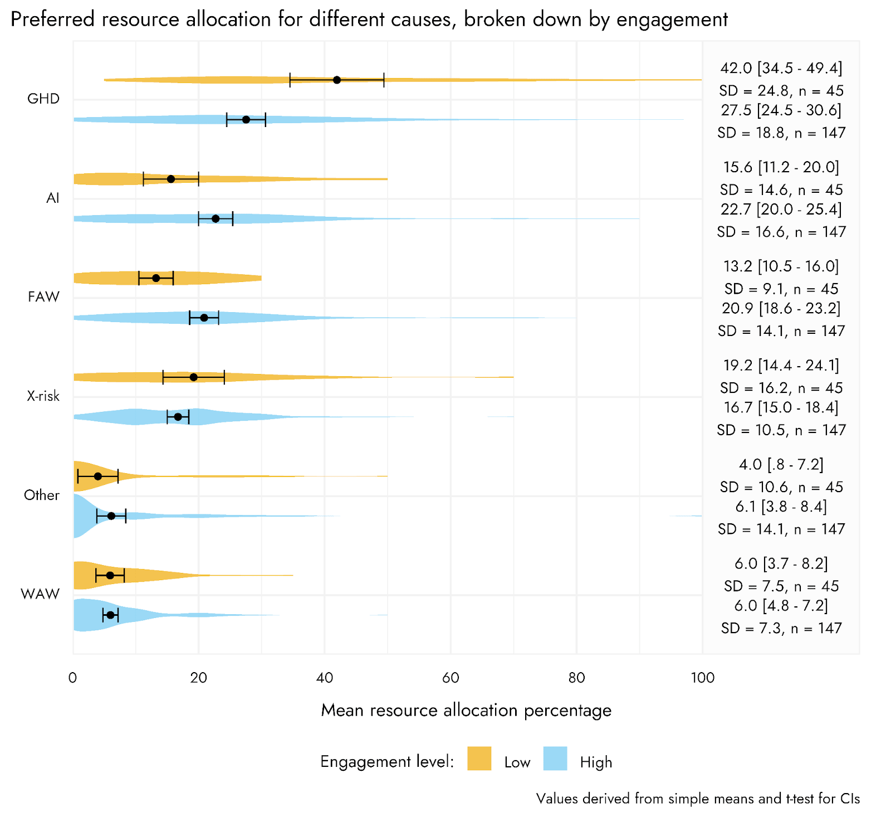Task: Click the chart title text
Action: (369, 20)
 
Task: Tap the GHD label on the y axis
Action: (43, 99)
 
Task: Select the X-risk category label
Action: (43, 396)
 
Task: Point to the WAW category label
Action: (40, 594)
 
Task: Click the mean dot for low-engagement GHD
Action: (337, 80)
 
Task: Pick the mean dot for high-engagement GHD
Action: (246, 120)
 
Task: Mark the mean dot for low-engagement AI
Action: (171, 179)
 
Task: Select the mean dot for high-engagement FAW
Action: (204, 318)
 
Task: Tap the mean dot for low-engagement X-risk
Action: (194, 377)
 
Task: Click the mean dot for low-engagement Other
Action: (98, 476)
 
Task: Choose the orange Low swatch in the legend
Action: (479, 758)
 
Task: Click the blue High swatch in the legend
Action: (555, 758)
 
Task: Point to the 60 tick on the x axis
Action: (451, 678)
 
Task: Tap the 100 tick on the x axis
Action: (702, 678)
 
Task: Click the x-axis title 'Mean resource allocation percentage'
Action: (466, 711)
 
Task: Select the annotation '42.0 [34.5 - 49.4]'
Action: (781, 68)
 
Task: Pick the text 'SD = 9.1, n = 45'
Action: (781, 289)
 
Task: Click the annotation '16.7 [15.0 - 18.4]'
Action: (781, 407)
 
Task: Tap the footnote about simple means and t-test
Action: (698, 799)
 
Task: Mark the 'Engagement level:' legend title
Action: (387, 762)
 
